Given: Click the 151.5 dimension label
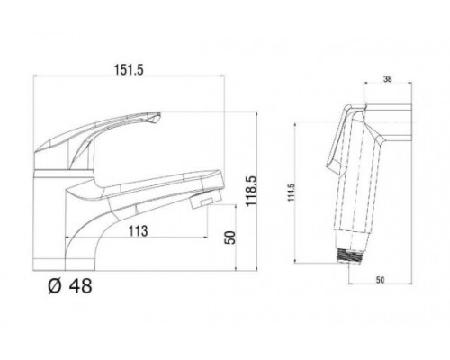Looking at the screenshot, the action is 129,70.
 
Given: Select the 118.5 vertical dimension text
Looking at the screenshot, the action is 251,191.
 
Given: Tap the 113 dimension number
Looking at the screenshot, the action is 139,231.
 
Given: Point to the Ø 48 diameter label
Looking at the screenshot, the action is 70,286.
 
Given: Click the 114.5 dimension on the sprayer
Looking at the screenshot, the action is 292,193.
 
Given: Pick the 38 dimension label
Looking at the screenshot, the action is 388,79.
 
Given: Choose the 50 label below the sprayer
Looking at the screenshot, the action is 380,280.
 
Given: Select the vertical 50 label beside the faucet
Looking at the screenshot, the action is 230,238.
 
